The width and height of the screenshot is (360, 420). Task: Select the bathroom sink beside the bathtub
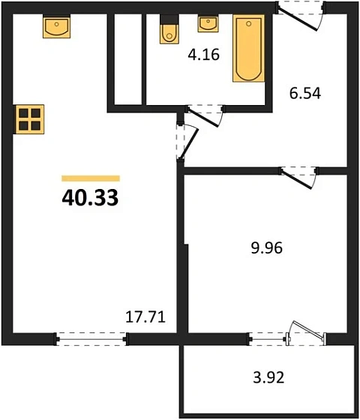208,23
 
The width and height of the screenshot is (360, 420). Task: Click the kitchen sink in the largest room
56,27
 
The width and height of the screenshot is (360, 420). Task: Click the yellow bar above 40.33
90,178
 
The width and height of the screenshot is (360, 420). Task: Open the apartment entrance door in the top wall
300,13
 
